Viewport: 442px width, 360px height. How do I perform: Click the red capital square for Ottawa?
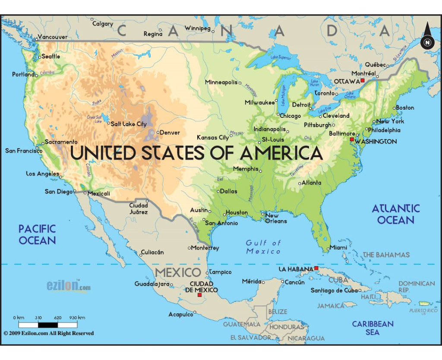tap(363, 80)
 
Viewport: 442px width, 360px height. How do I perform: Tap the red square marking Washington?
tap(352, 139)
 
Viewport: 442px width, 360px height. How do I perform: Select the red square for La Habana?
tap(316, 268)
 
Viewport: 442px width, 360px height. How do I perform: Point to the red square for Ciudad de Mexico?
tap(199, 295)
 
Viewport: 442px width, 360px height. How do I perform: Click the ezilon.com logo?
tap(69, 286)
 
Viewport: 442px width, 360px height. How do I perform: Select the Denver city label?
tap(170, 133)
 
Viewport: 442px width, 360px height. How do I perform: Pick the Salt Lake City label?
tap(129, 124)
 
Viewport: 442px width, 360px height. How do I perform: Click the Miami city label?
tap(338, 248)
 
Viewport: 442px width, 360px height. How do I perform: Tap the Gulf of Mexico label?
tap(263, 247)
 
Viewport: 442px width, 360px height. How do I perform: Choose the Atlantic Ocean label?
tap(396, 214)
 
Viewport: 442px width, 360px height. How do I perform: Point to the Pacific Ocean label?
tap(37, 234)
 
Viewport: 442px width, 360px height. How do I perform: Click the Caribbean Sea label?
tap(373, 328)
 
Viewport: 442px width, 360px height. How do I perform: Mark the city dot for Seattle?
tap(39, 57)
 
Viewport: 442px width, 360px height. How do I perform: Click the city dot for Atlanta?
tap(300, 183)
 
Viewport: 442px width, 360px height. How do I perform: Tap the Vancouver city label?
tap(53, 37)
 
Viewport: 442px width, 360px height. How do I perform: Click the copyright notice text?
tap(48, 333)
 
